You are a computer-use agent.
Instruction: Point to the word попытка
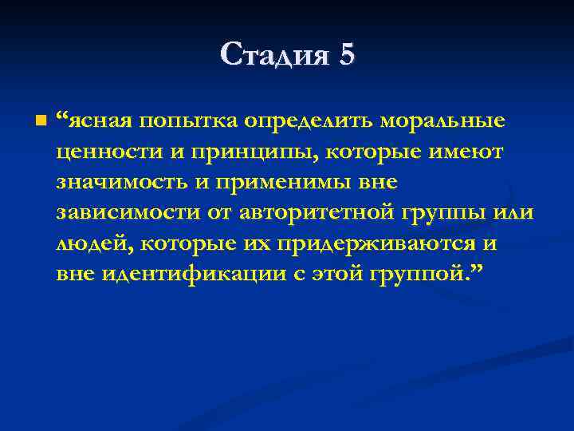pyautogui.click(x=179, y=121)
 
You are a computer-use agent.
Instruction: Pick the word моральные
pyautogui.click(x=442, y=121)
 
